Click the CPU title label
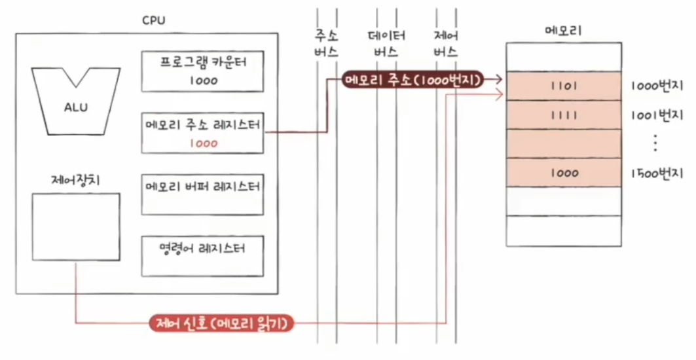pos(154,20)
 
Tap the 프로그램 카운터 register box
pos(203,71)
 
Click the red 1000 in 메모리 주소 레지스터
pos(203,143)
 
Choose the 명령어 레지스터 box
pos(203,255)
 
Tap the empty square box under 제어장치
pos(76,226)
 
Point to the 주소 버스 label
pos(326,43)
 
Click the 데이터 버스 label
pos(386,43)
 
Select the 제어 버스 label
pos(446,43)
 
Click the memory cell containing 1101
pos(564,86)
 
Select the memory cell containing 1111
pos(564,115)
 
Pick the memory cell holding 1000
pos(564,173)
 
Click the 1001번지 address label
pos(655,115)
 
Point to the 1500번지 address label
pos(655,173)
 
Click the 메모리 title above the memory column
pos(563,30)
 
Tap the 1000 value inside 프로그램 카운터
pos(203,81)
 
